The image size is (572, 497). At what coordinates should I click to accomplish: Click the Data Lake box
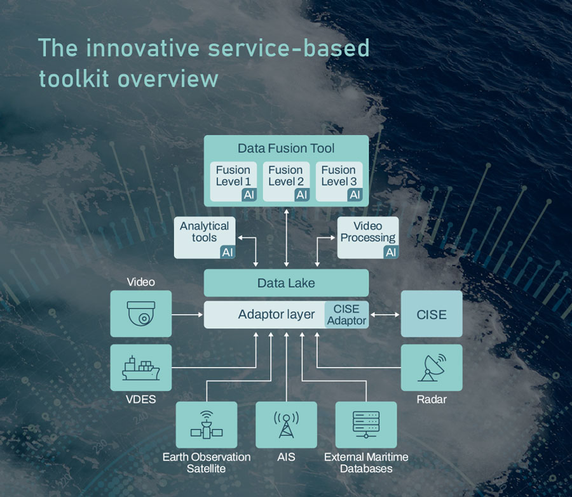click(286, 283)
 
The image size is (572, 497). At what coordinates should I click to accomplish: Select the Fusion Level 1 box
click(233, 182)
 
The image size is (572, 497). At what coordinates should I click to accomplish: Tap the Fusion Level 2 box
click(286, 182)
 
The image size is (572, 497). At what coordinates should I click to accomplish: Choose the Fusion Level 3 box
click(338, 182)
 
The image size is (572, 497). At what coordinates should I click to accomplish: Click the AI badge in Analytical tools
click(228, 252)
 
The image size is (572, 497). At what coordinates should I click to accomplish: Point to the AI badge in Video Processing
click(391, 252)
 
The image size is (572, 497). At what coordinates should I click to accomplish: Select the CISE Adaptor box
click(346, 315)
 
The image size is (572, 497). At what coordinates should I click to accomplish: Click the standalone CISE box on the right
click(432, 315)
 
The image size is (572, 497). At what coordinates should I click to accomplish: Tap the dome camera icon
click(140, 314)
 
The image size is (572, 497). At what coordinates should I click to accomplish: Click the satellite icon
click(206, 425)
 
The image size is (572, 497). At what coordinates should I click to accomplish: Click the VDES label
click(140, 399)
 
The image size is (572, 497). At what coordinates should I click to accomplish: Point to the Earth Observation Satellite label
click(206, 463)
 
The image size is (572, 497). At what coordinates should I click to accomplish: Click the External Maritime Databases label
click(366, 463)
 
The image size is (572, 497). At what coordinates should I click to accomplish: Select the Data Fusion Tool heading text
click(286, 149)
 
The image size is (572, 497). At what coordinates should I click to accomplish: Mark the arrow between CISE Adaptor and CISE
click(385, 315)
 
